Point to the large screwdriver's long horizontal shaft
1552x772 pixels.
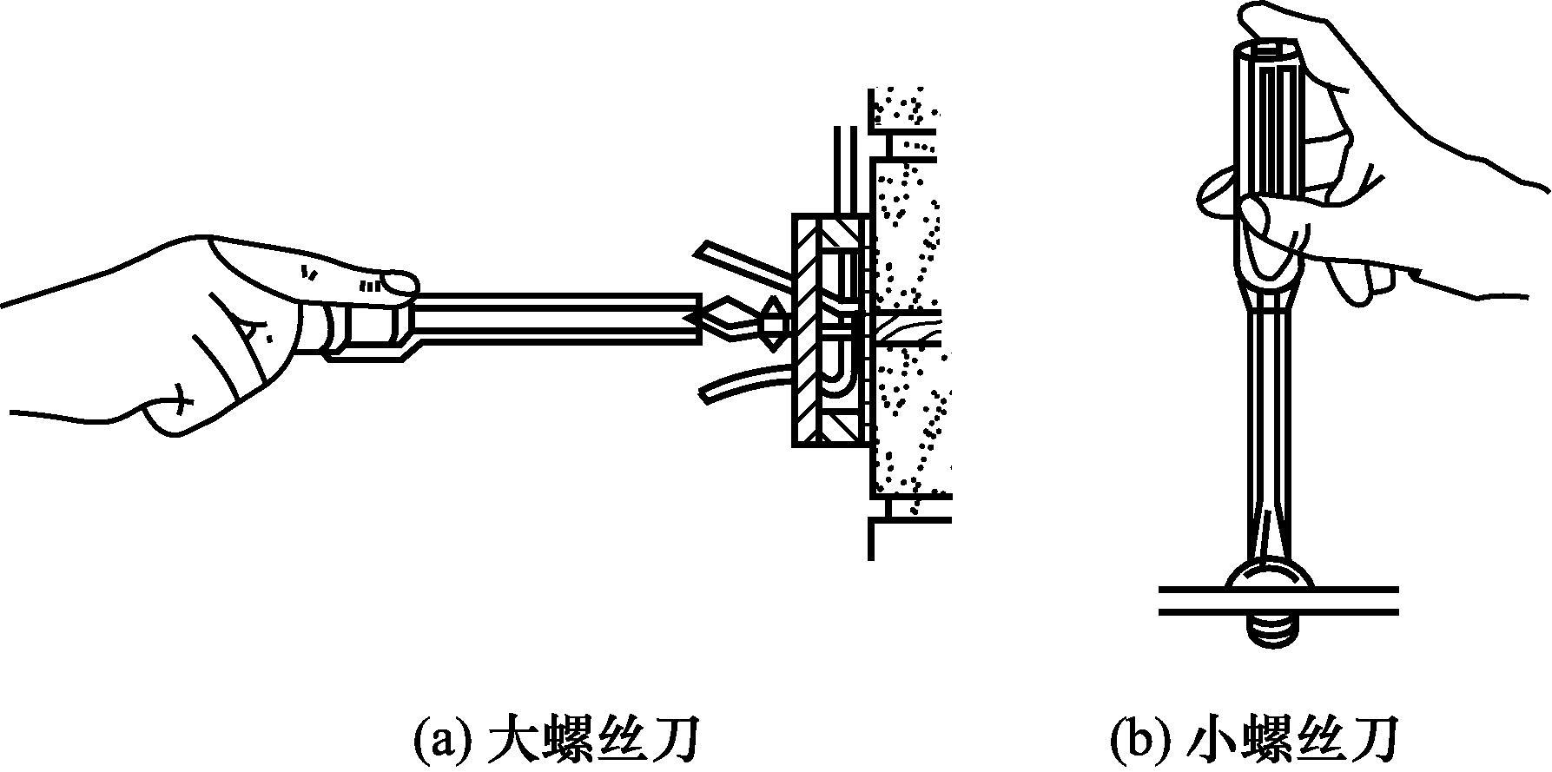pos(556,319)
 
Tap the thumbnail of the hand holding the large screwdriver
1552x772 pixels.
pos(400,282)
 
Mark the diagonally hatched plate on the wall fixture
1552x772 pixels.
pos(805,330)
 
